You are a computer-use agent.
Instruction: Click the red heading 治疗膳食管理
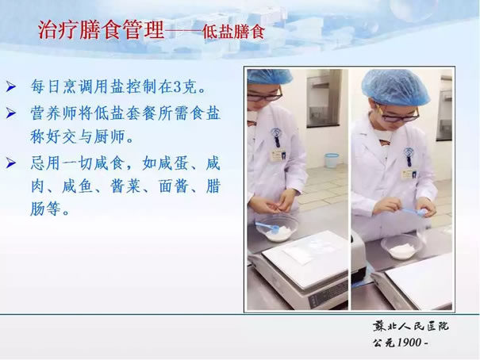click(x=101, y=30)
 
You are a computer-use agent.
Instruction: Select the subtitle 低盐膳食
click(x=233, y=32)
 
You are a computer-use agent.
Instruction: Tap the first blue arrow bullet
click(x=11, y=87)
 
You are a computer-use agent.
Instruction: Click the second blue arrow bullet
click(x=11, y=113)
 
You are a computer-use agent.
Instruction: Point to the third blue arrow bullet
click(x=11, y=163)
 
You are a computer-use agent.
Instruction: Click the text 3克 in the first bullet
click(x=186, y=87)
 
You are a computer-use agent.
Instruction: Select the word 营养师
click(x=53, y=113)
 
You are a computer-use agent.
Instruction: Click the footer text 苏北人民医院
click(x=410, y=327)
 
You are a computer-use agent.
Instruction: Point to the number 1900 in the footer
click(x=409, y=343)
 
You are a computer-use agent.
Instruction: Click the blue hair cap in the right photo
click(x=396, y=87)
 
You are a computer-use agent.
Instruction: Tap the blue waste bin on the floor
click(x=332, y=160)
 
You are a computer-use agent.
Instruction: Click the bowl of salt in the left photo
click(x=278, y=230)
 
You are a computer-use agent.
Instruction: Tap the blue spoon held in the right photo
click(x=412, y=212)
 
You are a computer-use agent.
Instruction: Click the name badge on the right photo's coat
click(x=409, y=174)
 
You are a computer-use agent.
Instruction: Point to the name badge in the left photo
click(x=279, y=155)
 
